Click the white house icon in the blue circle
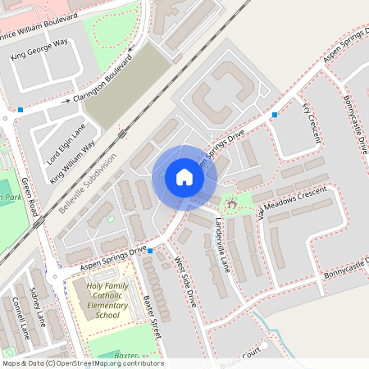[184, 177]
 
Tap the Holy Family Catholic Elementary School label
[107, 299]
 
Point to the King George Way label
[39, 49]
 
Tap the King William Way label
[73, 161]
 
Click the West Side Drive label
[185, 282]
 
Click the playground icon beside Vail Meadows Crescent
[230, 202]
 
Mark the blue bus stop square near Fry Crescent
[275, 115]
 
